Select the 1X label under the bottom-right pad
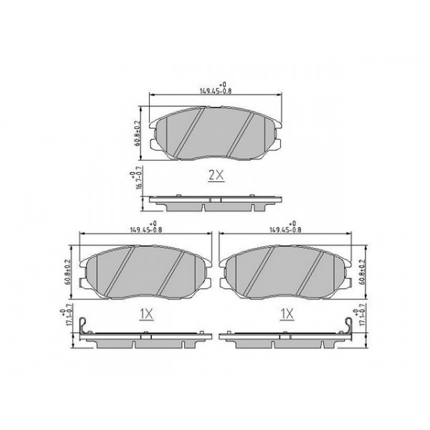(x=287, y=313)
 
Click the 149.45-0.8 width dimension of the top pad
(x=215, y=90)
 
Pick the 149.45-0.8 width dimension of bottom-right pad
(x=283, y=229)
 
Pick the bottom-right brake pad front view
(x=285, y=271)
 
